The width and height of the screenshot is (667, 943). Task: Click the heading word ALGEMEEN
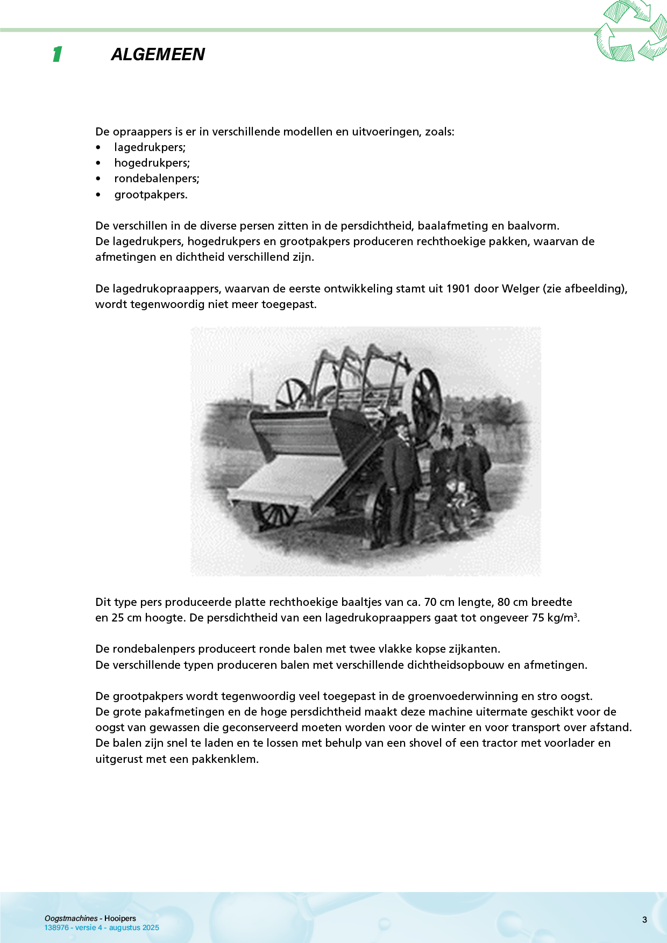pyautogui.click(x=158, y=54)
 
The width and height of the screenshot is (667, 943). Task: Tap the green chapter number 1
pyautogui.click(x=57, y=54)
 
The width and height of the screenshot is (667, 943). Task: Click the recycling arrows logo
pyautogui.click(x=631, y=31)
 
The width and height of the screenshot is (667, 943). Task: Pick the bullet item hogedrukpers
pyautogui.click(x=152, y=163)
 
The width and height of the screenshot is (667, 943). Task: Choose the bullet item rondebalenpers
pyautogui.click(x=157, y=178)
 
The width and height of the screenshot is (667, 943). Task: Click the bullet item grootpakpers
pyautogui.click(x=151, y=195)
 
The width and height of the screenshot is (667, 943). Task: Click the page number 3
pyautogui.click(x=644, y=920)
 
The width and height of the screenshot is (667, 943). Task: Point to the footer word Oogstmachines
pyautogui.click(x=71, y=918)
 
